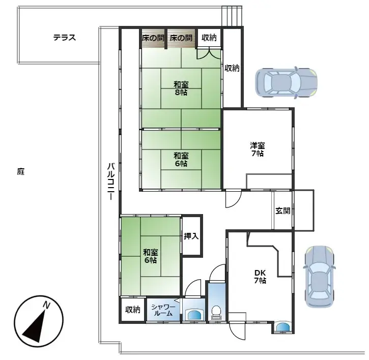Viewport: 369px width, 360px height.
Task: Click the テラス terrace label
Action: pyautogui.click(x=65, y=38)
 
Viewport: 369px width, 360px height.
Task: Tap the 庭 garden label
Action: pyautogui.click(x=20, y=172)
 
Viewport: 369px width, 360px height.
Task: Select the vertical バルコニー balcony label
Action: pyautogui.click(x=110, y=181)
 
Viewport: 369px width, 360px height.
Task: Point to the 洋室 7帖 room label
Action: pyautogui.click(x=257, y=149)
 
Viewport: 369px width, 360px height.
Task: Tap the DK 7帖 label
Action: pyautogui.click(x=260, y=276)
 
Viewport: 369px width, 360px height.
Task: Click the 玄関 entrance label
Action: pyautogui.click(x=282, y=211)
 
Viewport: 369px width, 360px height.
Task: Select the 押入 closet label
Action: pyautogui.click(x=191, y=236)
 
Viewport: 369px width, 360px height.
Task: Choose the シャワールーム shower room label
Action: pyautogui.click(x=163, y=310)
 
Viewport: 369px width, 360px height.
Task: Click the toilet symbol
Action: pyautogui.click(x=216, y=312)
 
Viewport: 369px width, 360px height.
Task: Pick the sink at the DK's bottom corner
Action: pyautogui.click(x=283, y=327)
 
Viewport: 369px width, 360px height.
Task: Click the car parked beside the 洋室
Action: pyautogui.click(x=286, y=82)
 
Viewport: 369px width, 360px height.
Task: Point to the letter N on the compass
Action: pyautogui.click(x=46, y=305)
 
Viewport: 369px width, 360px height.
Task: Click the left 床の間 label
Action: pyautogui.click(x=152, y=38)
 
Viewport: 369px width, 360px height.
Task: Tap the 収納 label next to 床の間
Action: pyautogui.click(x=209, y=38)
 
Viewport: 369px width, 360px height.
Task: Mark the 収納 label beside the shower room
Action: pyautogui.click(x=133, y=310)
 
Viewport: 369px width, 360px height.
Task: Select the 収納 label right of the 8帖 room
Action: pyautogui.click(x=232, y=68)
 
